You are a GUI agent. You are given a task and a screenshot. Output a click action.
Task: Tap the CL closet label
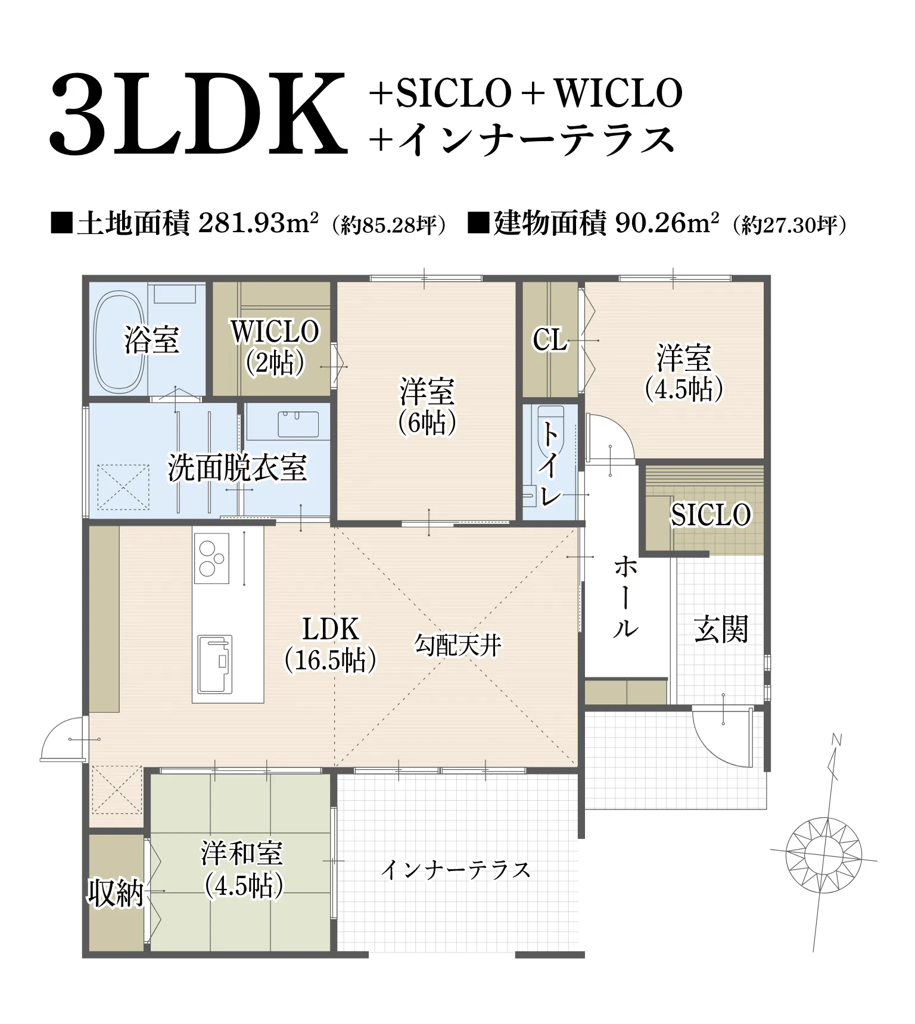click(549, 340)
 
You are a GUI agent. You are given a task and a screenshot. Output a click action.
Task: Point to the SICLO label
click(710, 514)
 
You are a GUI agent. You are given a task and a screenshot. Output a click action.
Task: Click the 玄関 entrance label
click(720, 629)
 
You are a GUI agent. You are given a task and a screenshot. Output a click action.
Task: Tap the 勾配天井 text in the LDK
click(457, 645)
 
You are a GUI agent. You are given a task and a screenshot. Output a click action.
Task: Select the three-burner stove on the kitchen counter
click(211, 558)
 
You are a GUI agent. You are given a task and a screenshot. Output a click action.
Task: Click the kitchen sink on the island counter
click(214, 664)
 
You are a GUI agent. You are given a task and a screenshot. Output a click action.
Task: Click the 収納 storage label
click(115, 893)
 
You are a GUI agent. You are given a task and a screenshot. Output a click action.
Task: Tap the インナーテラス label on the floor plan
click(456, 870)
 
